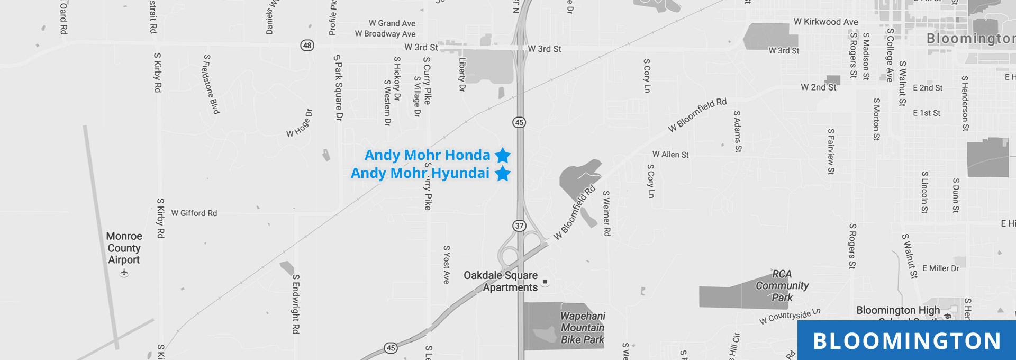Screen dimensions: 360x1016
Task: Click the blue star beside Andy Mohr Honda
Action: click(x=503, y=155)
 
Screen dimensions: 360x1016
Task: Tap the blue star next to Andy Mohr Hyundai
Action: click(x=503, y=173)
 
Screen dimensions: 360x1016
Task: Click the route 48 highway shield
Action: click(x=307, y=46)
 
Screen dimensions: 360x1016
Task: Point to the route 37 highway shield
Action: click(x=519, y=226)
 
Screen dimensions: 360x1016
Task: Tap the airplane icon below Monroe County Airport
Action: click(x=124, y=273)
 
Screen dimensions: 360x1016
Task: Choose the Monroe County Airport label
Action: click(x=124, y=248)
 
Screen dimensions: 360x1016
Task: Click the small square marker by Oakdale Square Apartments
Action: click(x=545, y=282)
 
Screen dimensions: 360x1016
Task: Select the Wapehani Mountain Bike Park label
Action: click(x=582, y=328)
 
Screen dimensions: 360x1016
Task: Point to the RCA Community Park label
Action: click(x=782, y=286)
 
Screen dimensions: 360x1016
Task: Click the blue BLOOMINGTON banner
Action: click(x=906, y=340)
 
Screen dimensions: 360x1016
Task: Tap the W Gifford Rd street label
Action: click(x=194, y=213)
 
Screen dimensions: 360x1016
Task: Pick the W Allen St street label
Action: click(x=670, y=155)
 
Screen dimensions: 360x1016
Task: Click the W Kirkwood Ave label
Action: click(x=825, y=22)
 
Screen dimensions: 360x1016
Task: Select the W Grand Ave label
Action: click(x=392, y=23)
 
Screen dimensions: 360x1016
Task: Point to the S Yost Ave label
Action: click(x=447, y=264)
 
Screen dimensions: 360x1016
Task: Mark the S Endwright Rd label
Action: click(x=296, y=304)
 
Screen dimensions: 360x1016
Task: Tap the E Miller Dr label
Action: click(x=940, y=268)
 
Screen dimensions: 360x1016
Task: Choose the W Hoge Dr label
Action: click(x=300, y=124)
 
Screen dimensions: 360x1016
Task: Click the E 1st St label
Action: click(x=927, y=113)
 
